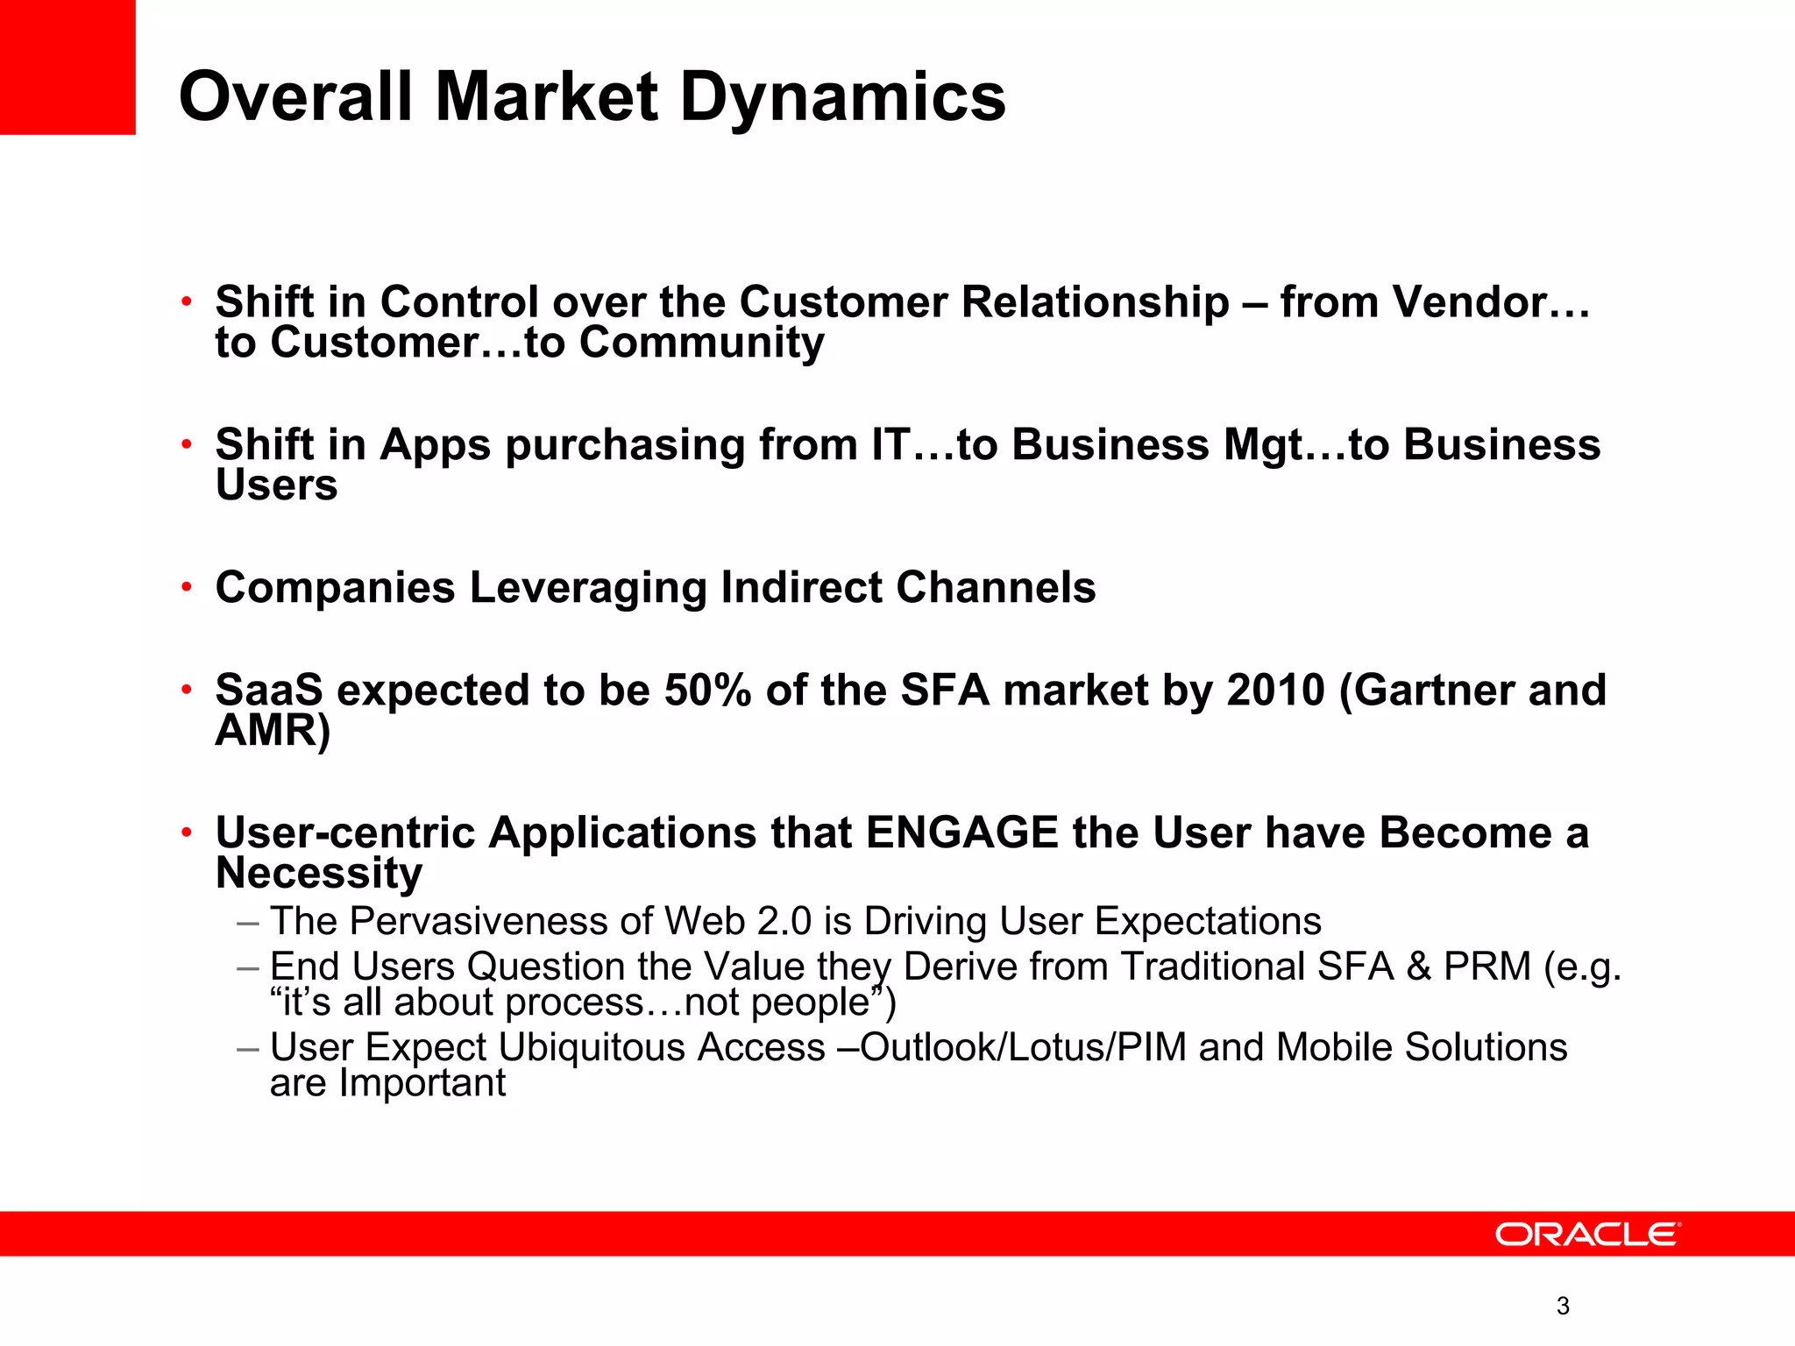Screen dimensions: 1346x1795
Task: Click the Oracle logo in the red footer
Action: pyautogui.click(x=1587, y=1235)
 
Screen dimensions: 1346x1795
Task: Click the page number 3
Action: pyautogui.click(x=1563, y=1307)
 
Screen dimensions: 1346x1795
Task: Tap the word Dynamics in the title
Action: pyautogui.click(x=842, y=97)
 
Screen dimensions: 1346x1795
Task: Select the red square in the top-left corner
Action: pyautogui.click(x=67, y=67)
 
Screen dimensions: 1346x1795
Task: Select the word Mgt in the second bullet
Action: pyautogui.click(x=1264, y=446)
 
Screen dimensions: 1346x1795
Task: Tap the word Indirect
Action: pyautogui.click(x=801, y=587)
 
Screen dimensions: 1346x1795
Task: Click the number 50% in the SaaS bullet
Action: pyautogui.click(x=707, y=691)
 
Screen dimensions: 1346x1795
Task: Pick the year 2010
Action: pyautogui.click(x=1275, y=691)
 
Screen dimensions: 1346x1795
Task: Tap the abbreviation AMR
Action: pyautogui.click(x=265, y=731)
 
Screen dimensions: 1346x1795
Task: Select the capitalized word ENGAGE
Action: pyautogui.click(x=961, y=832)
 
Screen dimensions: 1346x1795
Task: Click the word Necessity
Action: pyautogui.click(x=319, y=874)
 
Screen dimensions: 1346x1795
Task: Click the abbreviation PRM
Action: pyautogui.click(x=1487, y=967)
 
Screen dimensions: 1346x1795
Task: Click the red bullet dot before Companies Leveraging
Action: pyautogui.click(x=186, y=586)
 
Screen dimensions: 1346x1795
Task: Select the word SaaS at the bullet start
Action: pyautogui.click(x=269, y=691)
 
